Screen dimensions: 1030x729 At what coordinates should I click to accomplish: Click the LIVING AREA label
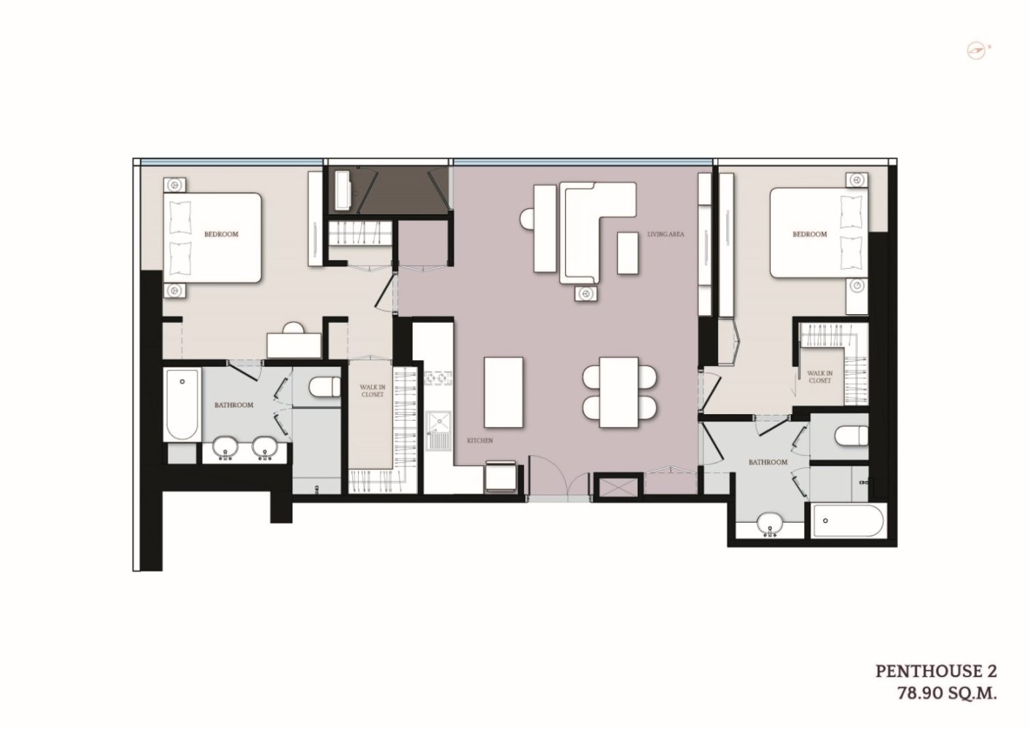[666, 234]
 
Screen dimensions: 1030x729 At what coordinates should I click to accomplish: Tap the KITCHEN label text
[480, 440]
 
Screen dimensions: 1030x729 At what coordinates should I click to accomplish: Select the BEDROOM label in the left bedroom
[221, 234]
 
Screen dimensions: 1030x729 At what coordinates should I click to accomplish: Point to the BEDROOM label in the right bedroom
[809, 234]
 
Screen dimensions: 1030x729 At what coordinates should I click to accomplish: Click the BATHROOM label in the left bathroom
[233, 405]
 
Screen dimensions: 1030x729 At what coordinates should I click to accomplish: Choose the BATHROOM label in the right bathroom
[768, 462]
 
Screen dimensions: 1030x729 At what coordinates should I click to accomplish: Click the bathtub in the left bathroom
[182, 405]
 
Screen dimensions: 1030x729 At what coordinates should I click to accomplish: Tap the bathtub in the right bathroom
[848, 521]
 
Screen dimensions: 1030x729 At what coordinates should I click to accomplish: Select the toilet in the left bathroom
[324, 387]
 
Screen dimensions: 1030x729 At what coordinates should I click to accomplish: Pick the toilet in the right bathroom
[851, 436]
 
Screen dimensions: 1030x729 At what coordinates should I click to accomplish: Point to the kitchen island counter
[504, 392]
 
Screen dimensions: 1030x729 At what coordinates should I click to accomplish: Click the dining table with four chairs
[619, 392]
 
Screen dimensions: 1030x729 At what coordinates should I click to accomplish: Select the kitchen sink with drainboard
[439, 431]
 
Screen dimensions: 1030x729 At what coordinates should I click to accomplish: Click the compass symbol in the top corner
[977, 63]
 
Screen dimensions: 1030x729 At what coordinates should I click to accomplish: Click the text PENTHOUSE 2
[936, 671]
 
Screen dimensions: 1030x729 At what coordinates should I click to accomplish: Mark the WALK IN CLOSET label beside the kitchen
[372, 391]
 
